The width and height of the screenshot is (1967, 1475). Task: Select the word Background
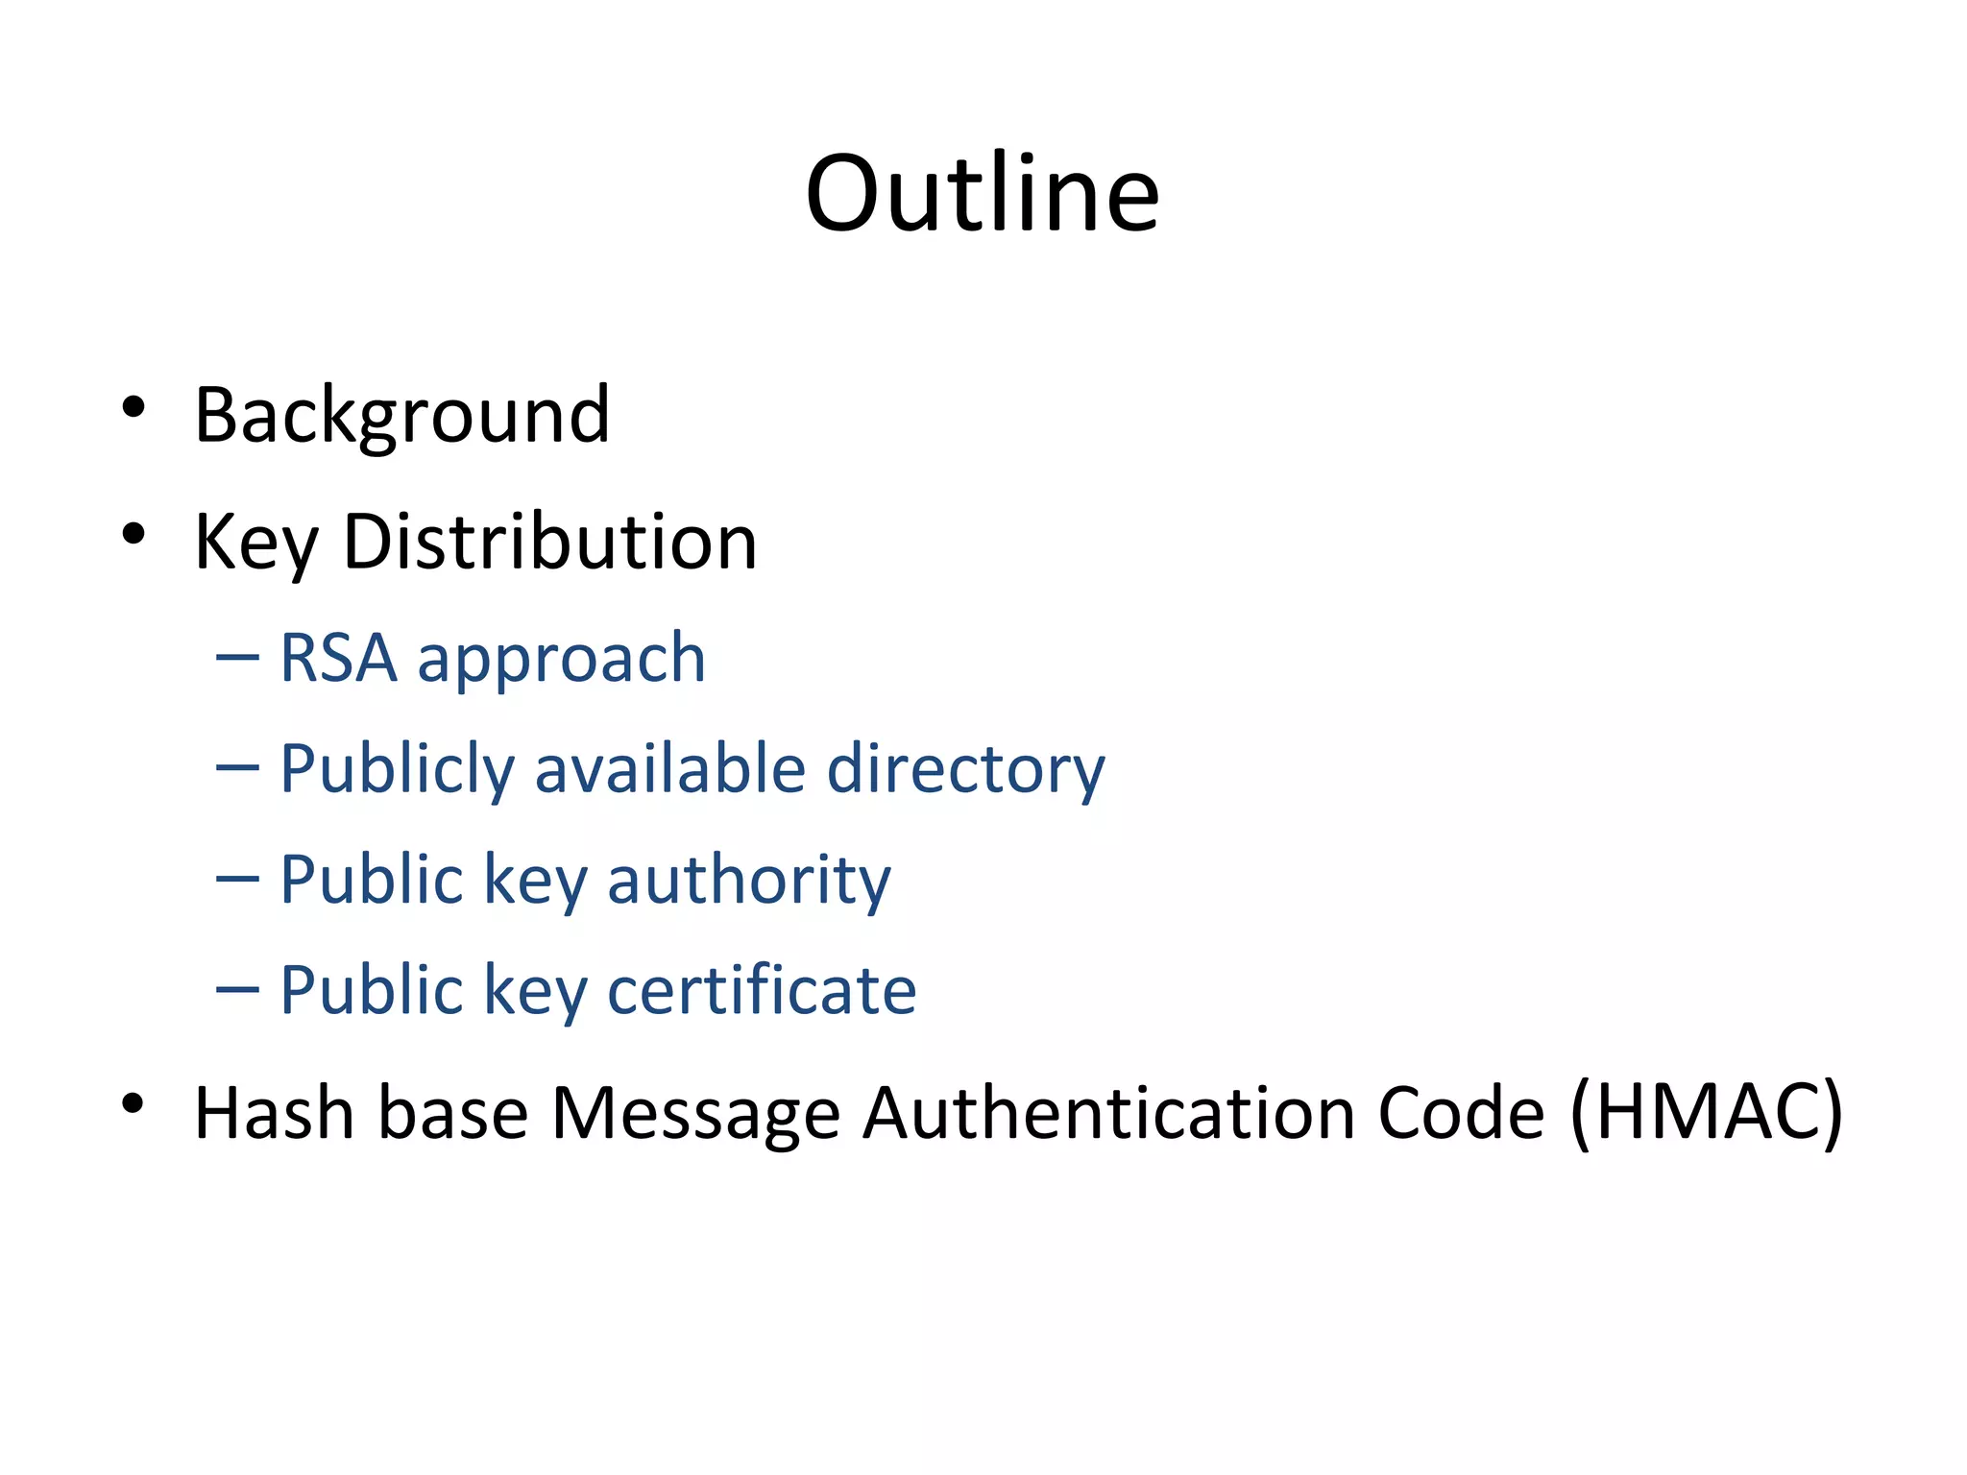coord(401,415)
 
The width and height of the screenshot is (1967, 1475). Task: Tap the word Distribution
coord(550,542)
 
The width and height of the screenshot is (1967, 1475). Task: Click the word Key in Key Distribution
coord(255,544)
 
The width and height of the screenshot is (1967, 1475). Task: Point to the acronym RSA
coord(338,659)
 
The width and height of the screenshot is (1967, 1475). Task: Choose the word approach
coord(562,661)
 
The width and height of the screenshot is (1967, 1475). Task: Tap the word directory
coord(966,770)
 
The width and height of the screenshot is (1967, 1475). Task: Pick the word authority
coord(749,881)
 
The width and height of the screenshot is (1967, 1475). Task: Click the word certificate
coord(762,990)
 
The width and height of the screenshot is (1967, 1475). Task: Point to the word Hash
coord(274,1112)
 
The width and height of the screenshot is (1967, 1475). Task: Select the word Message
coord(695,1114)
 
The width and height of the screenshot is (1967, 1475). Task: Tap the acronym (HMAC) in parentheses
coord(1706,1112)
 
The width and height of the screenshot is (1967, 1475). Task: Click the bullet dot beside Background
coord(134,407)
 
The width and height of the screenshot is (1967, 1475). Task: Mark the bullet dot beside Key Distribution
coord(134,534)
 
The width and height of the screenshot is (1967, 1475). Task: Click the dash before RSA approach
coord(237,658)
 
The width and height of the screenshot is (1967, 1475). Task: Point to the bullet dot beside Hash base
coord(134,1104)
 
